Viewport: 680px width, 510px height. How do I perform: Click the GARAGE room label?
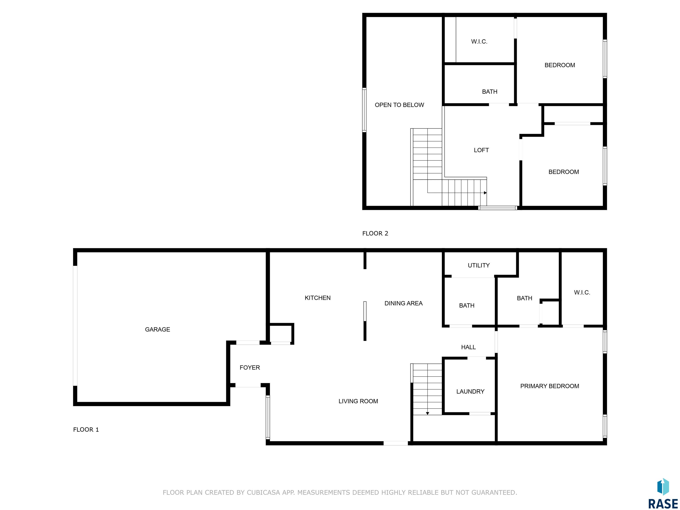click(157, 330)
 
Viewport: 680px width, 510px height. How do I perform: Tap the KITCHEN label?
click(318, 298)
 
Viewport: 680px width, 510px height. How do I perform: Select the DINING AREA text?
click(403, 303)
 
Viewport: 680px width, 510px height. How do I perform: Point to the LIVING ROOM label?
click(358, 401)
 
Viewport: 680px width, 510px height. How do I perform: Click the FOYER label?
click(250, 368)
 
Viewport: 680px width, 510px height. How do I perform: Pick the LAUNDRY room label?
click(470, 392)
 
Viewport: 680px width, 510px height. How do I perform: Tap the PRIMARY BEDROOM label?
click(550, 386)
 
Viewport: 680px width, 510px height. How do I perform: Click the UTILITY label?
click(479, 265)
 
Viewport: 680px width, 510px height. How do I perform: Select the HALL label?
click(468, 347)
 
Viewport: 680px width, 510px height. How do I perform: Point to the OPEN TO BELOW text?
click(399, 105)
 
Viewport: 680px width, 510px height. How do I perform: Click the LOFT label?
click(481, 150)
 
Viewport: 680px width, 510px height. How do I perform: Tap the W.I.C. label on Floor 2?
click(479, 42)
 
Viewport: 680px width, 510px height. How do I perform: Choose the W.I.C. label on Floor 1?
click(582, 293)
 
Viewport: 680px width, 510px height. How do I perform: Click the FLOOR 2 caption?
click(375, 234)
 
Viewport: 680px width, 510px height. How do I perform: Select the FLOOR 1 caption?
click(86, 430)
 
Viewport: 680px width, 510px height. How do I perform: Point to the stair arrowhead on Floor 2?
click(485, 193)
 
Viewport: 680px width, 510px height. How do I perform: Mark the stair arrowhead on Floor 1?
click(427, 413)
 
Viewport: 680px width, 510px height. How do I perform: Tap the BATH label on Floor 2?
click(489, 92)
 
